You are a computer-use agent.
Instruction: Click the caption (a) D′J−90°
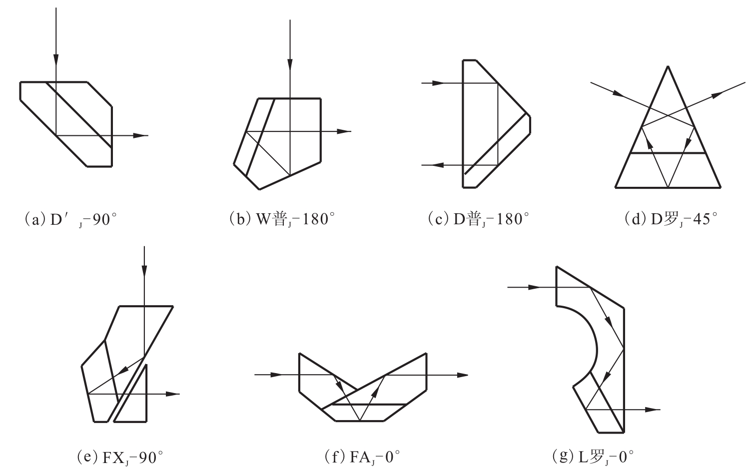(71, 220)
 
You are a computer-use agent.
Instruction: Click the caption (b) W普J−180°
(282, 219)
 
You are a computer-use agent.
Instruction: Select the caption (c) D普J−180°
(479, 219)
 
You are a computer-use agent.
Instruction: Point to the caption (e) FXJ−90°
(120, 458)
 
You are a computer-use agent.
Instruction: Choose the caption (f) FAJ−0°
(363, 457)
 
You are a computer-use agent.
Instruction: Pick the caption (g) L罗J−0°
(593, 457)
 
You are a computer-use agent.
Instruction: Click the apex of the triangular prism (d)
(668, 66)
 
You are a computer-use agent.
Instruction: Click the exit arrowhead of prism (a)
(141, 136)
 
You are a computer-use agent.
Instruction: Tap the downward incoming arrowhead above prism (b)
(290, 65)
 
